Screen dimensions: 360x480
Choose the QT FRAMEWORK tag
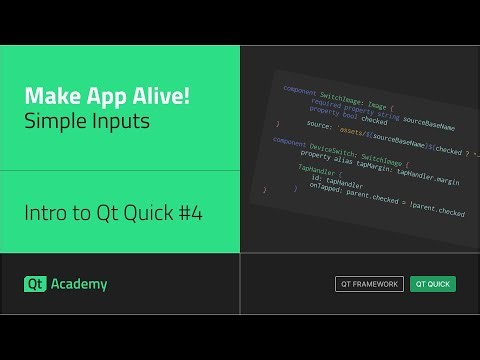[x=369, y=284]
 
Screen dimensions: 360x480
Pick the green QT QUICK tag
[x=433, y=284]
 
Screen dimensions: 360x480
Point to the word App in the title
[x=94, y=98]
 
